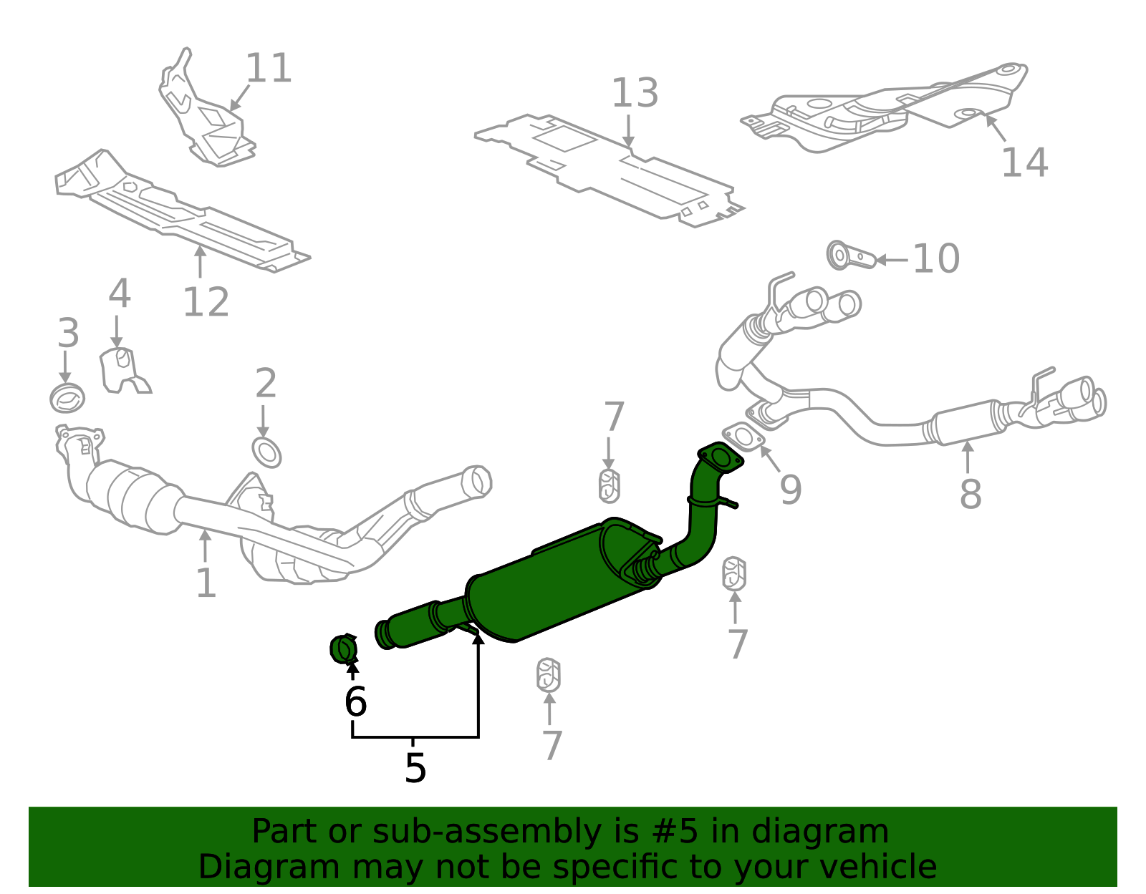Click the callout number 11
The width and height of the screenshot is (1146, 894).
[269, 68]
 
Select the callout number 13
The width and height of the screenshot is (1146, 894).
[635, 93]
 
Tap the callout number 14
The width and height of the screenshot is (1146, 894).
[1025, 162]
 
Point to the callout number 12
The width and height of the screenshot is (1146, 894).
[206, 302]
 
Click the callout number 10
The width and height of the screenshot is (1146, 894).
[936, 258]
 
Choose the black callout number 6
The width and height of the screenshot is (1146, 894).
[355, 701]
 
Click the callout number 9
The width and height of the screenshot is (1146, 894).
[791, 490]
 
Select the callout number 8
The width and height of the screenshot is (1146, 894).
[971, 494]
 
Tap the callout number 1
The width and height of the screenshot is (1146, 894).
[206, 583]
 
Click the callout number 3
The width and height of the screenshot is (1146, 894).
[69, 332]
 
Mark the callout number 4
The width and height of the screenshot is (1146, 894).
[120, 293]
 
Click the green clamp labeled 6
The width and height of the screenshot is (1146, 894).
[343, 649]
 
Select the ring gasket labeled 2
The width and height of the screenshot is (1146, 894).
[266, 452]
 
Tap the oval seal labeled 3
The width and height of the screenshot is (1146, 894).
[67, 399]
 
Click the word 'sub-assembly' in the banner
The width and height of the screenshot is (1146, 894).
[487, 831]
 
